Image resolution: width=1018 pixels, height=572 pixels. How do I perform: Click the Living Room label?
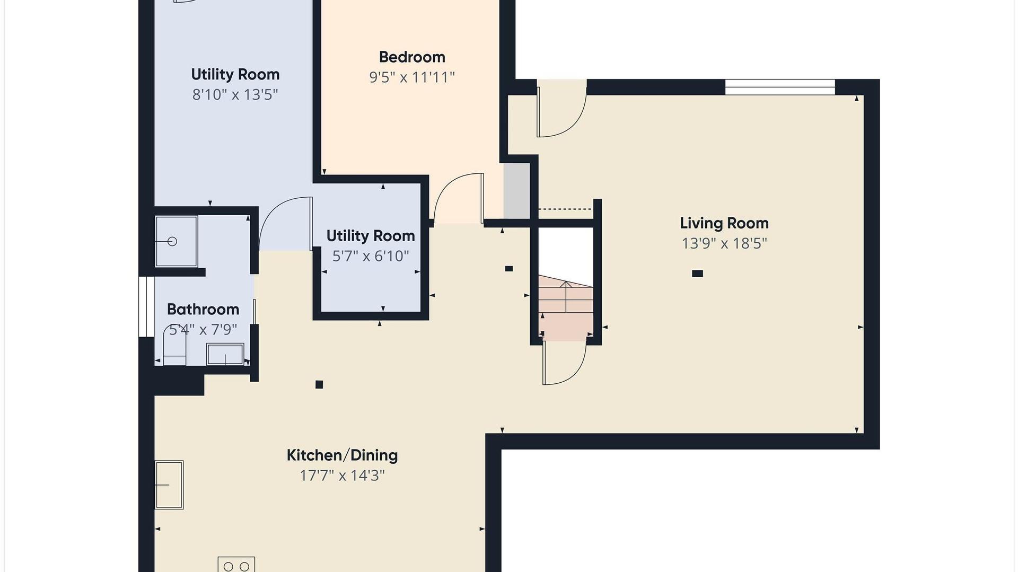(x=724, y=223)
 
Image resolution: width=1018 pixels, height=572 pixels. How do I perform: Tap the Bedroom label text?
(x=412, y=57)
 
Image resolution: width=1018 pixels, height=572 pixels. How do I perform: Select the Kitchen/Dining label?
(x=342, y=455)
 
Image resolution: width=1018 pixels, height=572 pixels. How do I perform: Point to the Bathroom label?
(x=203, y=310)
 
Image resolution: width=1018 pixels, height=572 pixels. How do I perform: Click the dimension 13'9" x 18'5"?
(x=724, y=243)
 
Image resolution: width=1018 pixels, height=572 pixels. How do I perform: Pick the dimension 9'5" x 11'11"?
(x=412, y=77)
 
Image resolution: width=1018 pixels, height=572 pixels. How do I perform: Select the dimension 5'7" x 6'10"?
(x=371, y=256)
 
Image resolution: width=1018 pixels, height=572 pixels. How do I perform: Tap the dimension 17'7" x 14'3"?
(x=342, y=476)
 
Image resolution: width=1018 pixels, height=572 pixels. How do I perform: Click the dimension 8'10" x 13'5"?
(x=235, y=94)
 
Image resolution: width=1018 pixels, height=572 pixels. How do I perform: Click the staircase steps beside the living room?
(x=566, y=307)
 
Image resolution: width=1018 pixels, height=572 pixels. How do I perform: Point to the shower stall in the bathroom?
(x=176, y=241)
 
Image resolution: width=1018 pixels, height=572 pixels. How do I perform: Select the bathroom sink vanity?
(x=225, y=354)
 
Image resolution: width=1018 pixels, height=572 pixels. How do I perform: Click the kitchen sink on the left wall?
(x=169, y=485)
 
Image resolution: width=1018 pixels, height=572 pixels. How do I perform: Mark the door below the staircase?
(x=565, y=363)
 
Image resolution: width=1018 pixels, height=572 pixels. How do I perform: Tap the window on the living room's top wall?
(x=780, y=87)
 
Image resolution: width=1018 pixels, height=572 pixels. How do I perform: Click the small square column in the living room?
(x=698, y=274)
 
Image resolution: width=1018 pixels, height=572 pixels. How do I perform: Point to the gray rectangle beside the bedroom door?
(x=516, y=191)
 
